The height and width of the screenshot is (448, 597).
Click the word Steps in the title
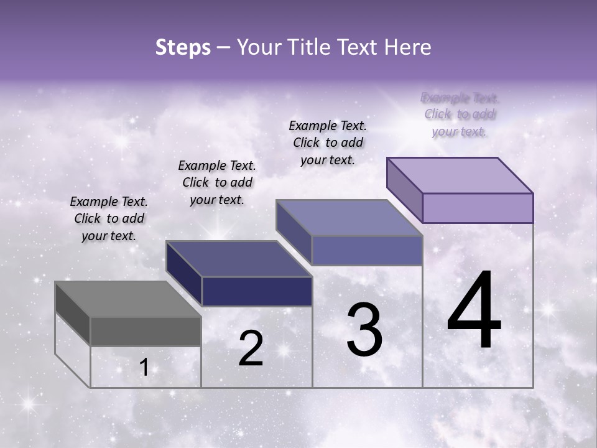pyautogui.click(x=183, y=47)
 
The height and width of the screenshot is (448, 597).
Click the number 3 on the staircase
pyautogui.click(x=364, y=330)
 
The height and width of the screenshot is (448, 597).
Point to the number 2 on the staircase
pyautogui.click(x=251, y=348)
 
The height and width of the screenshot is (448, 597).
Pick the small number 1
pyautogui.click(x=144, y=368)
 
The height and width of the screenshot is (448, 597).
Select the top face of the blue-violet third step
pyautogui.click(x=349, y=217)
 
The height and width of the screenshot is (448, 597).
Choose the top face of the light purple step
pyautogui.click(x=460, y=175)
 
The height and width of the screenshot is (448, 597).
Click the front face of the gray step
pyautogui.click(x=146, y=331)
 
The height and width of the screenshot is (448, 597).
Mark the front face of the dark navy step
pyautogui.click(x=257, y=291)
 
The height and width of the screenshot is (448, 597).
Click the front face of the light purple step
pyautogui.click(x=478, y=208)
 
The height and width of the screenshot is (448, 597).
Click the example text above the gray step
pyautogui.click(x=109, y=218)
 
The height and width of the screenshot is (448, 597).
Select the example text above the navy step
pyautogui.click(x=217, y=182)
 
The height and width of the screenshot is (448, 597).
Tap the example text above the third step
pyautogui.click(x=328, y=142)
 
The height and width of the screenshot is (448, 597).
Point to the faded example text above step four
pyautogui.click(x=460, y=114)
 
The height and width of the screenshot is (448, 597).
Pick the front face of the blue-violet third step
pyautogui.click(x=367, y=250)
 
